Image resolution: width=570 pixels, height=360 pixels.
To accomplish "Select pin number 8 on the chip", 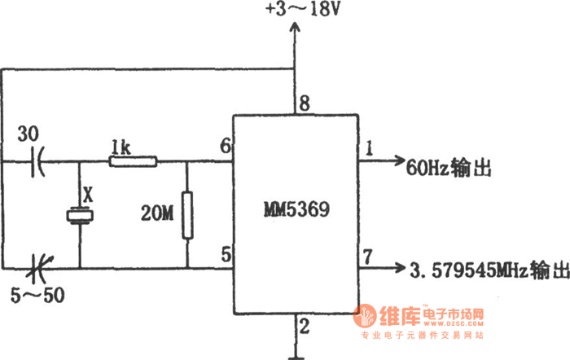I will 305,103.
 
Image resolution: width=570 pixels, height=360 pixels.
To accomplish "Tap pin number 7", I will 369,258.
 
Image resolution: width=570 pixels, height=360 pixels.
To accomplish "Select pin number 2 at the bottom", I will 305,327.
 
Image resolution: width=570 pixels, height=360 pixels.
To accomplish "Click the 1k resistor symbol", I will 134,161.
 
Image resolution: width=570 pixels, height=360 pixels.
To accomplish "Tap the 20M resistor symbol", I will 187,215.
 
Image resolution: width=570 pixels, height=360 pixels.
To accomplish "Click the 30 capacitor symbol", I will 37,161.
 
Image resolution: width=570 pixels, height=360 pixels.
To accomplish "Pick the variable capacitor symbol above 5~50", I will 37,266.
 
